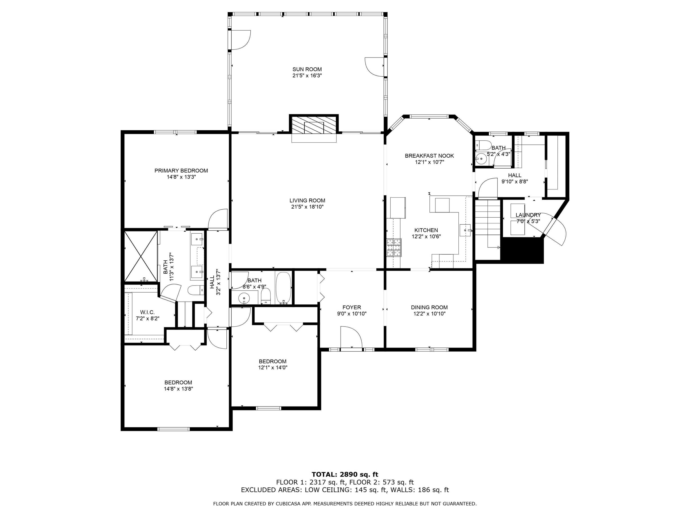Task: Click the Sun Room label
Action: (307, 69)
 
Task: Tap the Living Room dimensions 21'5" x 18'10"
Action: (307, 207)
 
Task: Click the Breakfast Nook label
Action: (429, 156)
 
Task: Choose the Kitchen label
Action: (426, 230)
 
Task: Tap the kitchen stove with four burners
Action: (394, 248)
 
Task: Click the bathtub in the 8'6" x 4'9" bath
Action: (283, 288)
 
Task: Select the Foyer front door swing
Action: (351, 337)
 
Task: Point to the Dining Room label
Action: (429, 307)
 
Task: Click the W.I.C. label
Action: (147, 312)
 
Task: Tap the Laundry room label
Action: (528, 215)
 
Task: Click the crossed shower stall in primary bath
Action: (141, 256)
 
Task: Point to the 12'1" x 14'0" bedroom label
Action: (273, 361)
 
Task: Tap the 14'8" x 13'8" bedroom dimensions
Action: (178, 389)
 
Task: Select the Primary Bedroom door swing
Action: (218, 219)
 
